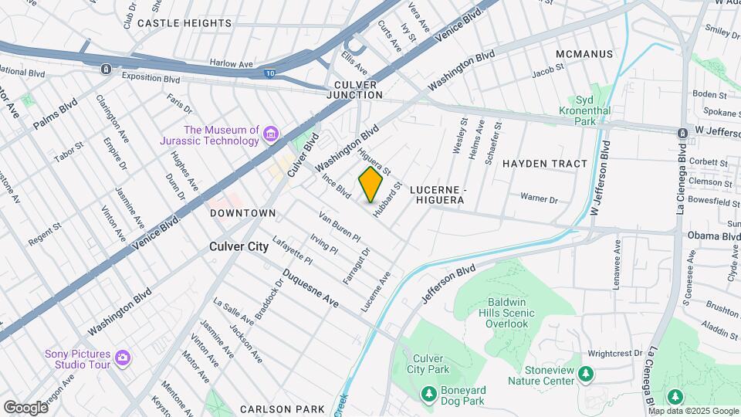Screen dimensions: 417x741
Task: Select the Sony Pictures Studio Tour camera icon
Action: pyautogui.click(x=122, y=358)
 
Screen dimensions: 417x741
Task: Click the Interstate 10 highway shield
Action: pyautogui.click(x=290, y=73)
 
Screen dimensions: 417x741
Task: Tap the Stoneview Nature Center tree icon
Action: pyautogui.click(x=587, y=375)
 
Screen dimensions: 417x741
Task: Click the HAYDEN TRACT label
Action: pyautogui.click(x=545, y=164)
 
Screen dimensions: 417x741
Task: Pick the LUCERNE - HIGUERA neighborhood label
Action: pyautogui.click(x=437, y=195)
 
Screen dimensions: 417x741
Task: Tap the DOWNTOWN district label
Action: pyautogui.click(x=242, y=212)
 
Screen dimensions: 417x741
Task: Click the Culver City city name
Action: pyautogui.click(x=239, y=247)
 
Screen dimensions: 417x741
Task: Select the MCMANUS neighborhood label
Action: pyautogui.click(x=584, y=54)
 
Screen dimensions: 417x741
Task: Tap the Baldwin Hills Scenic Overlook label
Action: pyautogui.click(x=507, y=313)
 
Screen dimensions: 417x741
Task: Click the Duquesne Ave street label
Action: pyautogui.click(x=310, y=288)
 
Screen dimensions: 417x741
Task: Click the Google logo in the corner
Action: pyautogui.click(x=25, y=407)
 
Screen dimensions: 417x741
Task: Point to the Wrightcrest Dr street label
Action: pyautogui.click(x=614, y=353)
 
